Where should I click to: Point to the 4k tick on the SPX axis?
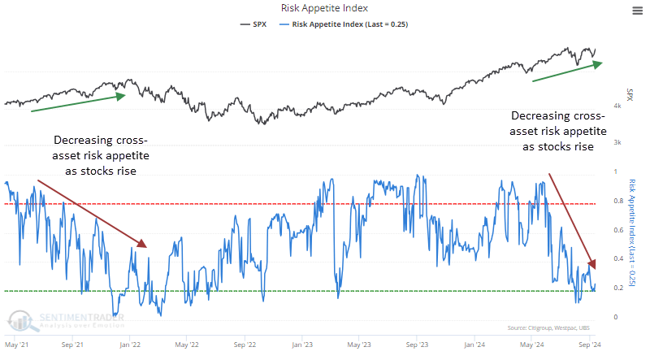617,106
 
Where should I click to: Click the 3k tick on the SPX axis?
617,143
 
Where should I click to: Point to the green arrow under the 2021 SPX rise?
77,102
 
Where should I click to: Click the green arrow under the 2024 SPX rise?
566,72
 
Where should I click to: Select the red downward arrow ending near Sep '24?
573,219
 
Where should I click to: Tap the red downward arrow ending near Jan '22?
92,214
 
